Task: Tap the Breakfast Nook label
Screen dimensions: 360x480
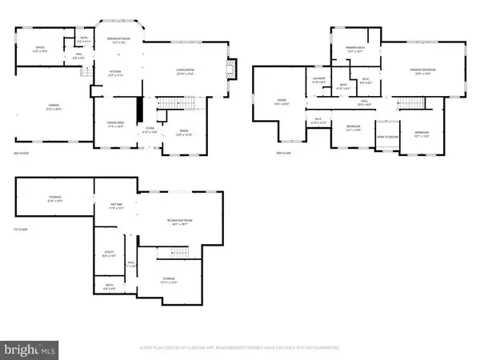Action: (x=118, y=42)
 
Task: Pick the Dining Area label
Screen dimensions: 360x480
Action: (x=115, y=124)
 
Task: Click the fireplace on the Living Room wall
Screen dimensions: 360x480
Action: (x=233, y=69)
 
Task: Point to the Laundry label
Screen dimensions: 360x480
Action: (x=318, y=80)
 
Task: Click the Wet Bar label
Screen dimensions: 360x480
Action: (x=116, y=206)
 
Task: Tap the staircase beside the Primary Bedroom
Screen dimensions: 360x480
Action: (x=414, y=105)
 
